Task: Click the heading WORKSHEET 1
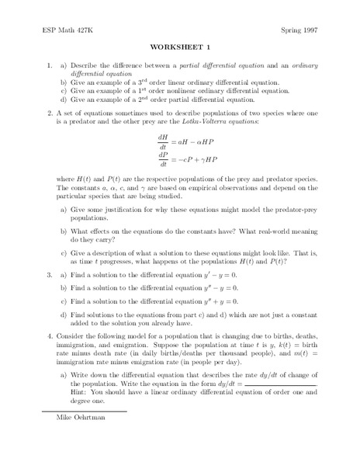[x=179, y=47]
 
